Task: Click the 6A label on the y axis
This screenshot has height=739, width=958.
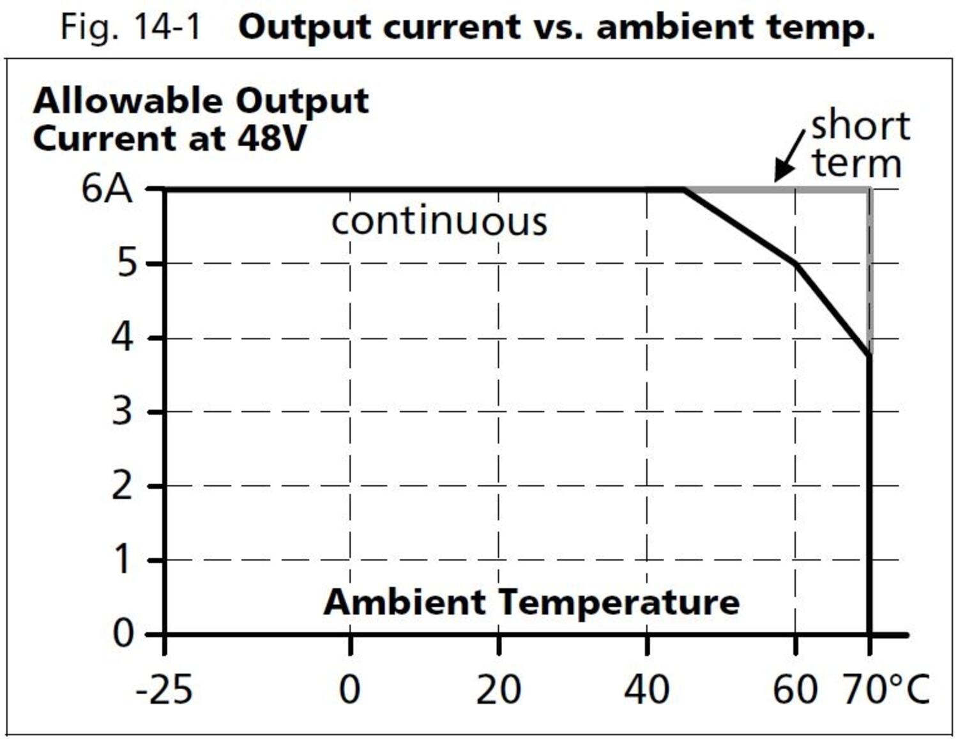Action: pos(107,189)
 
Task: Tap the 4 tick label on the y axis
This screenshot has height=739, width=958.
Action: pos(123,337)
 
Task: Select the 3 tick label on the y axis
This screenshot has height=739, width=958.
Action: pos(123,411)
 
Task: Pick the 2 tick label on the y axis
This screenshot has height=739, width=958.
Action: pos(123,486)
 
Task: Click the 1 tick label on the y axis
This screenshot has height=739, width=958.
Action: pos(123,560)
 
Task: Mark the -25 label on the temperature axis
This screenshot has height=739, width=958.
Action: pos(164,690)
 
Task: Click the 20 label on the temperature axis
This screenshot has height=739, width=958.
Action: pos(498,690)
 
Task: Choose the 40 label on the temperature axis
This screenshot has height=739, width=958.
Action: pos(646,690)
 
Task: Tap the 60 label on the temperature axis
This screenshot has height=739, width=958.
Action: pos(795,690)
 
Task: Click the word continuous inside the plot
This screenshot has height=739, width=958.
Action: pos(439,222)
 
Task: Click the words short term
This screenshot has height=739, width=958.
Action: pos(859,145)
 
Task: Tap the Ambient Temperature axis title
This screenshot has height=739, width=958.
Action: pos(531,602)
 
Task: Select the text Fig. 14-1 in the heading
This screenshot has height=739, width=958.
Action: pos(131,27)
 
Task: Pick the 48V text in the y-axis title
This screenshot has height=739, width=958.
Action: pos(272,139)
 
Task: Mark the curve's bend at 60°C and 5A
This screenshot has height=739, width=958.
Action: pos(795,263)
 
